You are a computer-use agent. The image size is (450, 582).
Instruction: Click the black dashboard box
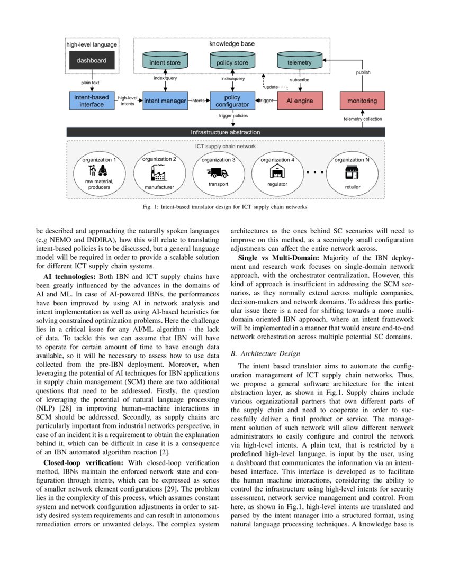pyautogui.click(x=92, y=61)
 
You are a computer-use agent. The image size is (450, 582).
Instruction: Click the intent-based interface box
pyautogui.click(x=92, y=101)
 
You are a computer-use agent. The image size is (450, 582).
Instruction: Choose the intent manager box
pyautogui.click(x=165, y=101)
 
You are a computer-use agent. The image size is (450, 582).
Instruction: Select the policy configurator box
pyautogui.click(x=232, y=101)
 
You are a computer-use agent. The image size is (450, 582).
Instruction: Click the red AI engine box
pyautogui.click(x=300, y=101)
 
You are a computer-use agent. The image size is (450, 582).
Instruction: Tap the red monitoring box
pyautogui.click(x=362, y=101)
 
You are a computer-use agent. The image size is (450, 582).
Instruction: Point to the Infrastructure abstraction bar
pyautogui.click(x=225, y=132)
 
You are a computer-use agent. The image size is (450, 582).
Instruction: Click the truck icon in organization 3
pyautogui.click(x=218, y=172)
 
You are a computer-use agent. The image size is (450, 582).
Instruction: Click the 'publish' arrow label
pyautogui.click(x=363, y=72)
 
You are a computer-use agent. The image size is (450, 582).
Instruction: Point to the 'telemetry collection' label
pyautogui.click(x=363, y=119)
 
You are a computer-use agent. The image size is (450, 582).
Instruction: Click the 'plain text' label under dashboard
pyautogui.click(x=90, y=83)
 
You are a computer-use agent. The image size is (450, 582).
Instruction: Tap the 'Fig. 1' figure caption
pyautogui.click(x=224, y=207)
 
